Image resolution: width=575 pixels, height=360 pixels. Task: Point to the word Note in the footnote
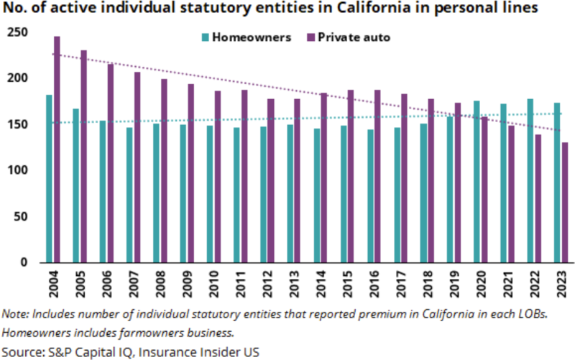(14, 314)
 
